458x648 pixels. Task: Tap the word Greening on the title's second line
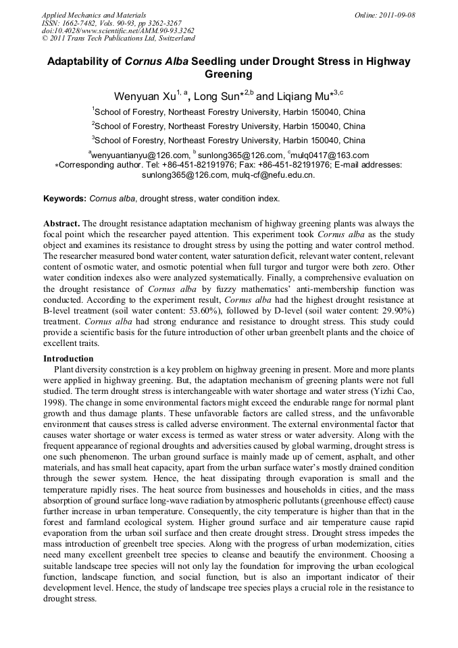coord(228,74)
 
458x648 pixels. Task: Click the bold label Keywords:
coord(65,199)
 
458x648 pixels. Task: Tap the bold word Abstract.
coord(63,223)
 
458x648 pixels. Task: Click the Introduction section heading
coord(68,358)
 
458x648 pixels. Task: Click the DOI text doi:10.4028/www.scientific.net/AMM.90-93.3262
coord(118,30)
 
